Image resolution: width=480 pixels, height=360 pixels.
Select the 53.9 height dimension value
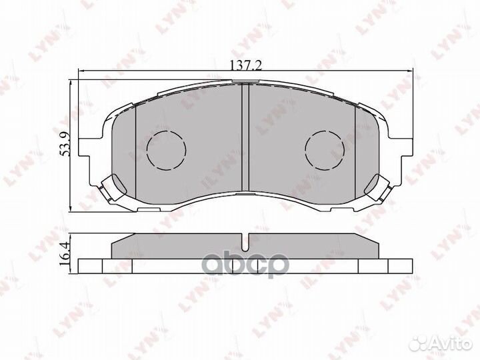pos(65,144)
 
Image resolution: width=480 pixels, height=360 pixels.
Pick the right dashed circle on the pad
pos(325,149)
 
